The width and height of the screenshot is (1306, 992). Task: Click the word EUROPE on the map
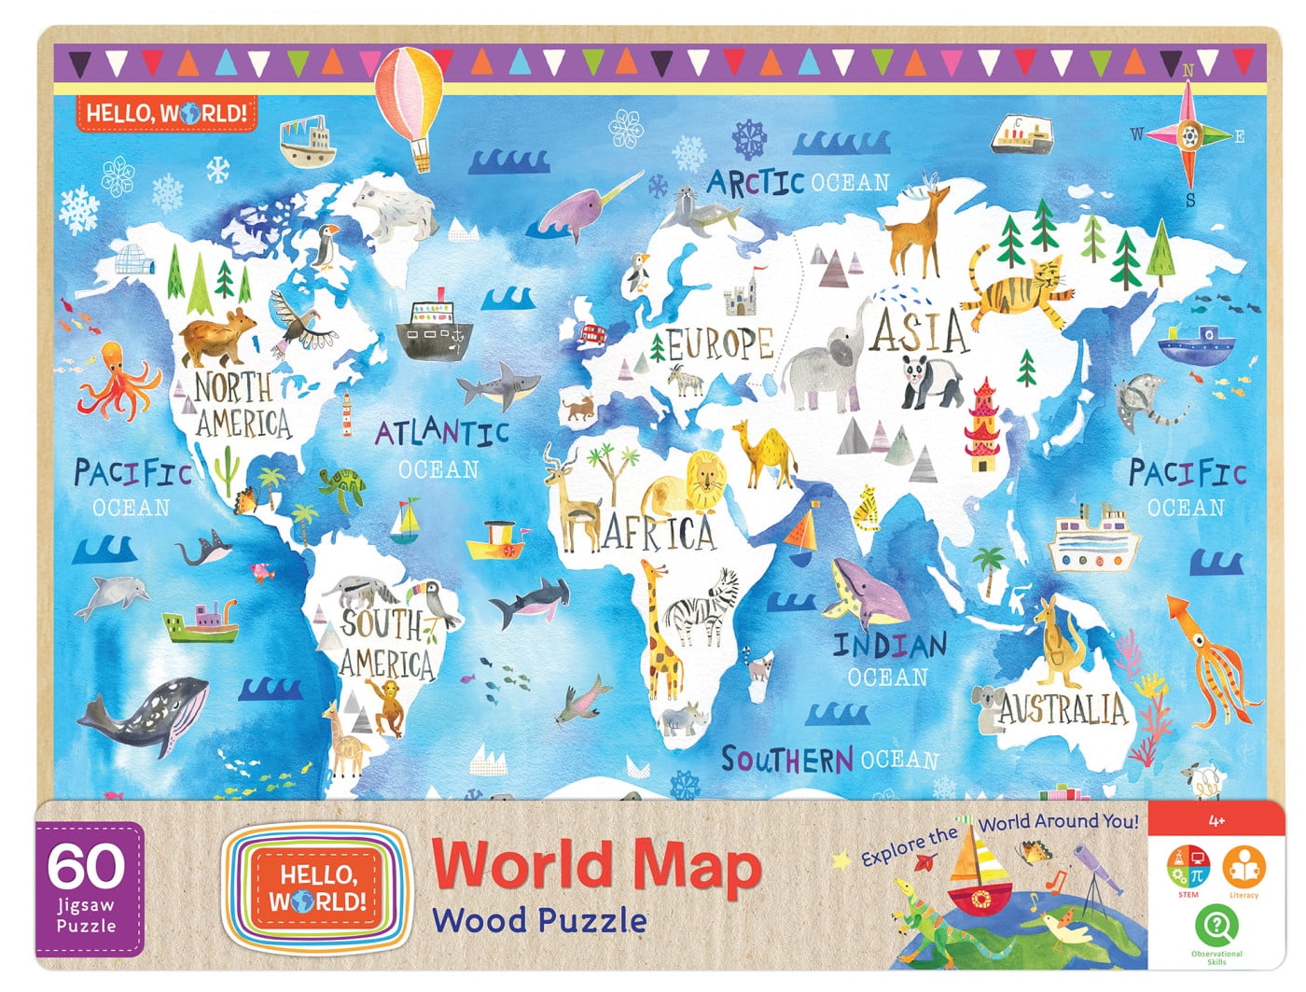[720, 344]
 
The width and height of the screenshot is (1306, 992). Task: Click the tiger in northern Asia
[1017, 285]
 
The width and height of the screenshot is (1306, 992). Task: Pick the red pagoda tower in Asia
[983, 426]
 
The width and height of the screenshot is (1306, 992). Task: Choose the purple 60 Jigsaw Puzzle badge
[89, 887]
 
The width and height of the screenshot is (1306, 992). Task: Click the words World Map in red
[596, 866]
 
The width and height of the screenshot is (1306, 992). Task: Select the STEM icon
[1188, 870]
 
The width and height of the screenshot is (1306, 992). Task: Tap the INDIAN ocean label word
[889, 645]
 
